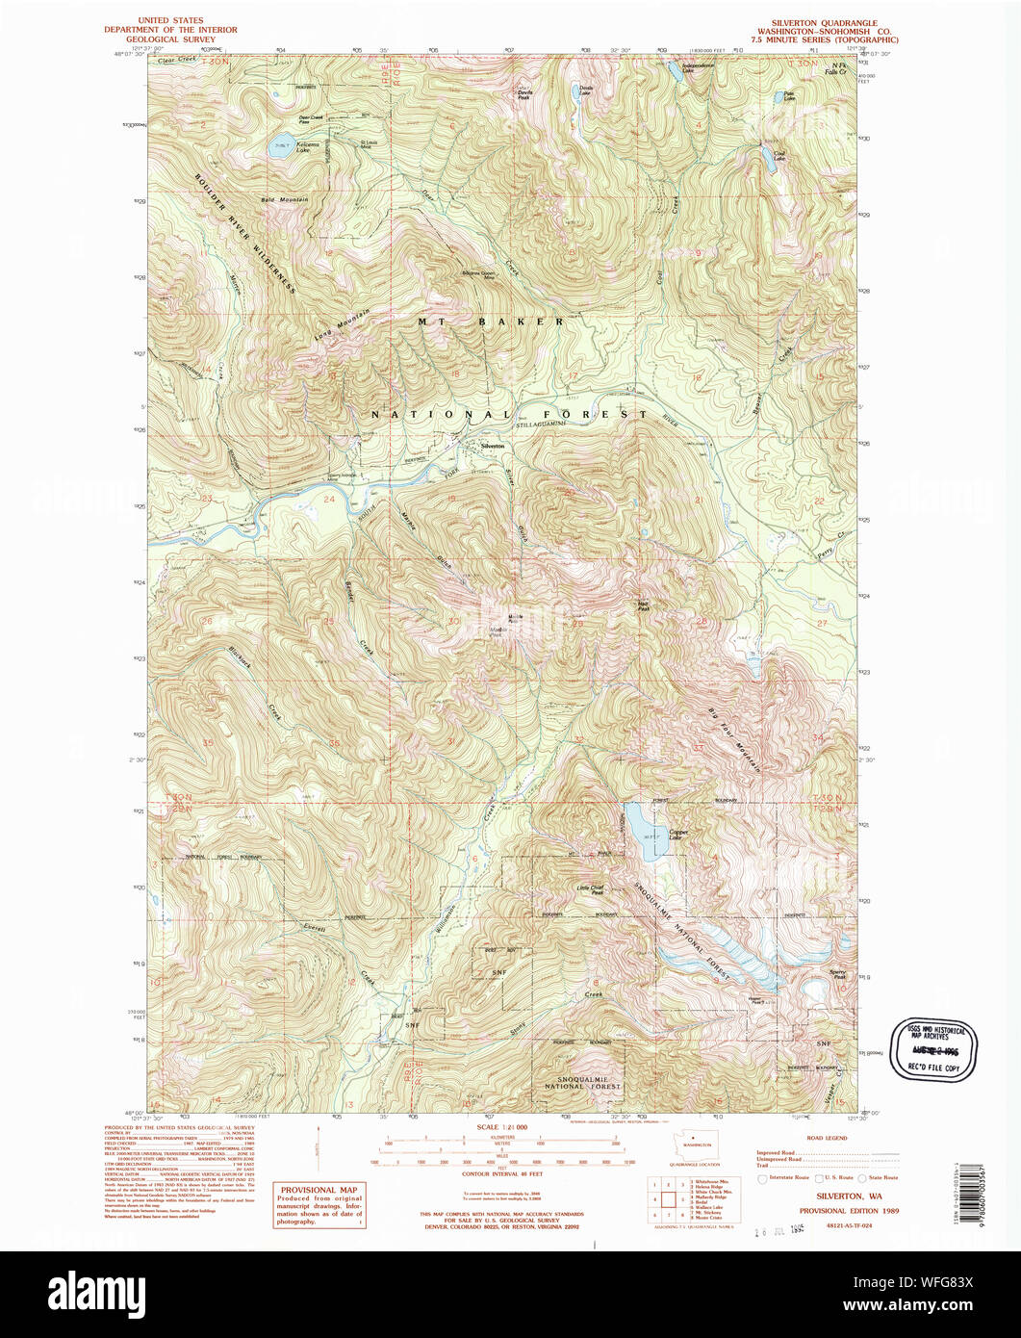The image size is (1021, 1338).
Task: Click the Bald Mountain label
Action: (285, 199)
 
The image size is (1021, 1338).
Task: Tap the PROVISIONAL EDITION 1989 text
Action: (828, 1211)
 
